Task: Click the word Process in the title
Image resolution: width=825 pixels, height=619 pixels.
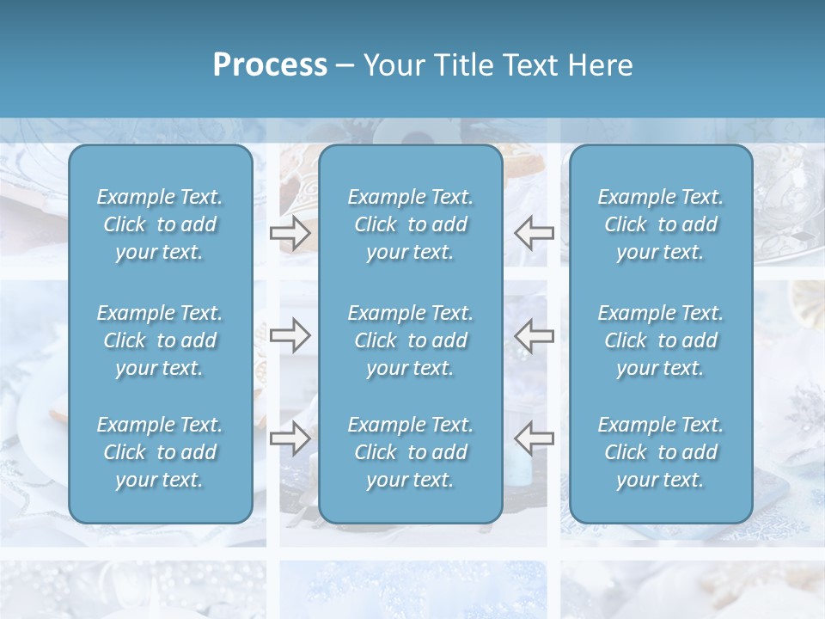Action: click(270, 65)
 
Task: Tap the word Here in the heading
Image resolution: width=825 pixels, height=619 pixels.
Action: click(601, 65)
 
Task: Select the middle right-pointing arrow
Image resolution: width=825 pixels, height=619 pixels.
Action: click(290, 335)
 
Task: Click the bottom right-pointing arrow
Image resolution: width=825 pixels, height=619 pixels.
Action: click(290, 438)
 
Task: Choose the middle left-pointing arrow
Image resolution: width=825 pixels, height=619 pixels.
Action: click(535, 335)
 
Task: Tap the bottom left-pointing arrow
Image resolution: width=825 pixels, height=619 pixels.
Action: click(535, 438)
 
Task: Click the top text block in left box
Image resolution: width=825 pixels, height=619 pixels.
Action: click(160, 224)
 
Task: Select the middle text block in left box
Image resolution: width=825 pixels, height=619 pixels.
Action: click(160, 340)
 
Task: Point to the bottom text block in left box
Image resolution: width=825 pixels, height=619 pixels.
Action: click(160, 452)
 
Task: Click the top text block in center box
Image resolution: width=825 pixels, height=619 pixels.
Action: click(410, 224)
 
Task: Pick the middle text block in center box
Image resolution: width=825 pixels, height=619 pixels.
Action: click(410, 340)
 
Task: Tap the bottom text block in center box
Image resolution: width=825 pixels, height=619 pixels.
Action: click(410, 452)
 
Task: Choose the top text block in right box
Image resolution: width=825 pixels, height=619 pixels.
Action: click(660, 224)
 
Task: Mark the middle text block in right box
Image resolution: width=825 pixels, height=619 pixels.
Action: click(660, 340)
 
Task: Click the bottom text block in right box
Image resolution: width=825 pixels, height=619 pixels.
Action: click(660, 452)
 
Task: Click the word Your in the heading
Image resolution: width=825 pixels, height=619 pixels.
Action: click(392, 65)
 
